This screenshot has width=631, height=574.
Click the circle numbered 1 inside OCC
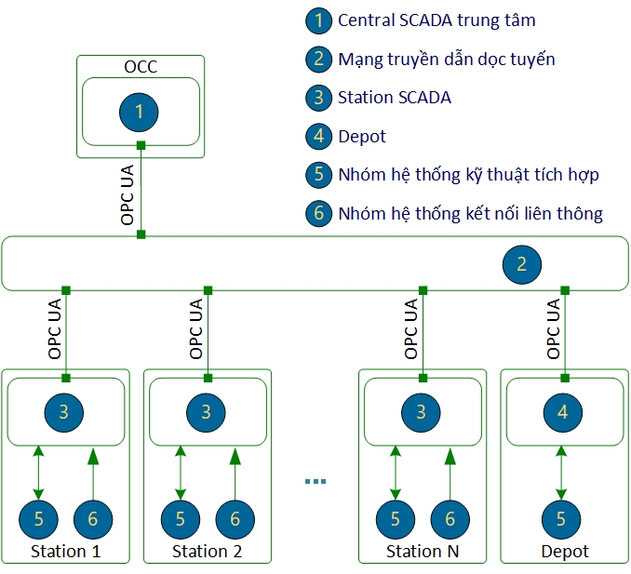(x=140, y=112)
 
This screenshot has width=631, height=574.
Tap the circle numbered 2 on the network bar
(x=521, y=263)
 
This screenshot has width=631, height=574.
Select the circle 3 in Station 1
(x=64, y=411)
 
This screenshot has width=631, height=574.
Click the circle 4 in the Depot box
(x=562, y=411)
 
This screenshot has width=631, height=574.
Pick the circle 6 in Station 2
(x=235, y=519)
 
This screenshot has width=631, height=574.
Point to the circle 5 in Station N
(x=396, y=519)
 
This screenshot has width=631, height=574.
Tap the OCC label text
(x=140, y=67)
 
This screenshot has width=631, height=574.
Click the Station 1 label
(x=65, y=551)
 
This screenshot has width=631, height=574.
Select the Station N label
(x=423, y=551)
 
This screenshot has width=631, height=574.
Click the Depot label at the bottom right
(x=564, y=551)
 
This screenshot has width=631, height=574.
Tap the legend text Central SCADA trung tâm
(x=436, y=20)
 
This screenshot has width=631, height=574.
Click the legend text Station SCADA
(x=394, y=97)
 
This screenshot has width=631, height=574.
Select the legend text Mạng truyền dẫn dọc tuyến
(x=446, y=59)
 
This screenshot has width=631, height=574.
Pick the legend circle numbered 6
(x=318, y=213)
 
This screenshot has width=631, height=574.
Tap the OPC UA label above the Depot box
(x=553, y=328)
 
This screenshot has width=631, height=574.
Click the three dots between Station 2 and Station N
(x=315, y=481)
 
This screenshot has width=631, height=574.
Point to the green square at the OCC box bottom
(x=141, y=145)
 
